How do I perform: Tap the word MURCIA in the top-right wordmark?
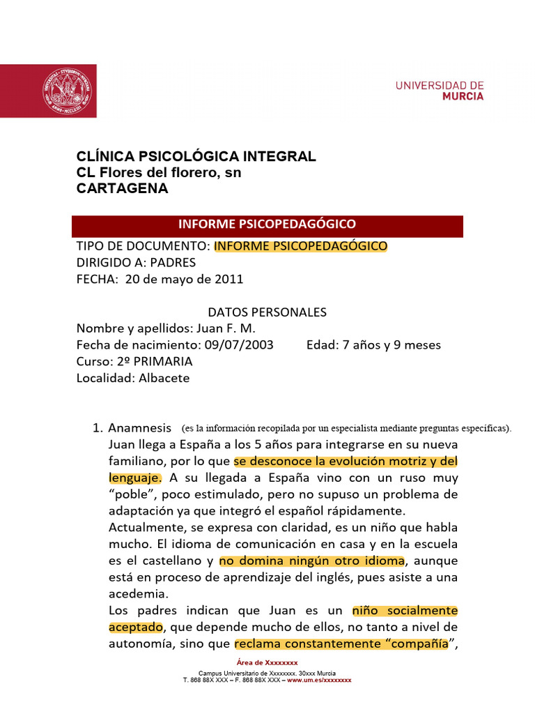(463, 97)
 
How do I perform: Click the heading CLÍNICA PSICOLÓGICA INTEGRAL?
(196, 156)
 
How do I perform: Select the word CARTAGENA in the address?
(122, 188)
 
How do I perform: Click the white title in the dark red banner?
(267, 224)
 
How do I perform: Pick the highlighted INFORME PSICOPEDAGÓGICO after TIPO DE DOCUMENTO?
(300, 246)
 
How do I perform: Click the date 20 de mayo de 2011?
(184, 280)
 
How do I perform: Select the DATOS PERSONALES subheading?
(267, 312)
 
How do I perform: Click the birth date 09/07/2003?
(238, 345)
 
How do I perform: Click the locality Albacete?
(164, 379)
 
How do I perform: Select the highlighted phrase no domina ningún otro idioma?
(311, 561)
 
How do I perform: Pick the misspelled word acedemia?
(139, 594)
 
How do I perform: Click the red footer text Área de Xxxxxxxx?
(267, 662)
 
